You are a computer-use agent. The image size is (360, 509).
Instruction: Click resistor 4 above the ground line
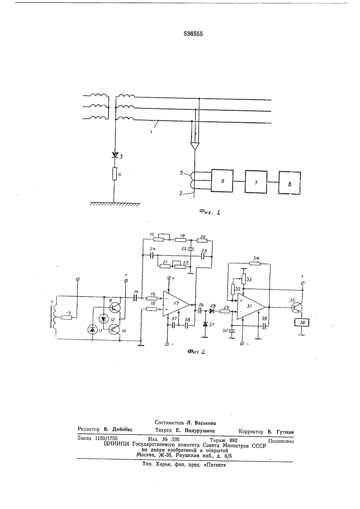pyautogui.click(x=114, y=174)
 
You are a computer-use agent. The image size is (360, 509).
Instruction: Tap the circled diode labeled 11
pyautogui.click(x=92, y=329)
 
